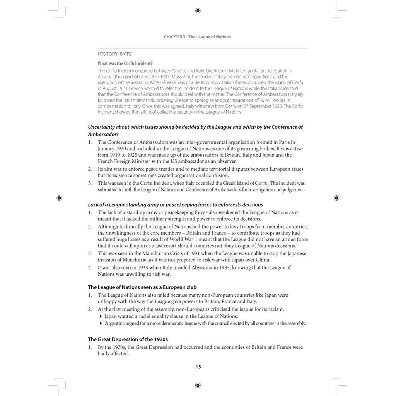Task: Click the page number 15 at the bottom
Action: pos(198,367)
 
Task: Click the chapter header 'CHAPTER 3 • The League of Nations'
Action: pos(197,37)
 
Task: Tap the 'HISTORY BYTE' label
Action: pos(114,54)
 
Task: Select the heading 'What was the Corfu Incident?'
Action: pos(125,63)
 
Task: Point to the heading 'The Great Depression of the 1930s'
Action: pos(128,339)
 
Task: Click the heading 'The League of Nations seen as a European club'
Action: pos(142,287)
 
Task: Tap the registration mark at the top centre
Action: pos(198,10)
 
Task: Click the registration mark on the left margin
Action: pos(59,198)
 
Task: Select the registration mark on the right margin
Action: pos(336,198)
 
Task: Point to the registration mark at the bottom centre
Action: pos(198,385)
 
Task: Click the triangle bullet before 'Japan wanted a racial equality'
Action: pos(101,316)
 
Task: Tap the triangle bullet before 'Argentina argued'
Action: pos(101,323)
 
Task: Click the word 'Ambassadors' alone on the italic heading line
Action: pos(103,134)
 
